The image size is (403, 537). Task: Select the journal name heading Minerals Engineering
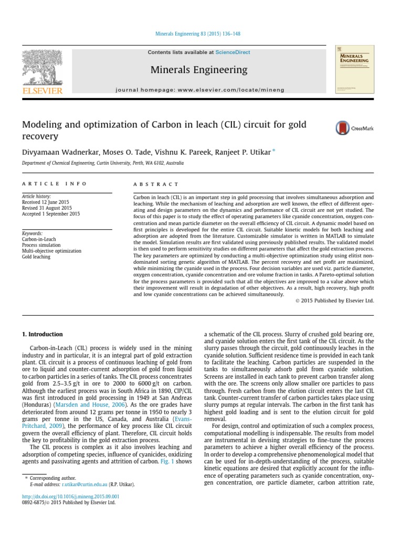click(x=199, y=70)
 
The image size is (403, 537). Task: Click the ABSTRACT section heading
click(x=156, y=184)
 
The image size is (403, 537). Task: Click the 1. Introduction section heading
click(x=42, y=334)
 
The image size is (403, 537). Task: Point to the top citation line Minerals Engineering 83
click(x=199, y=35)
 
